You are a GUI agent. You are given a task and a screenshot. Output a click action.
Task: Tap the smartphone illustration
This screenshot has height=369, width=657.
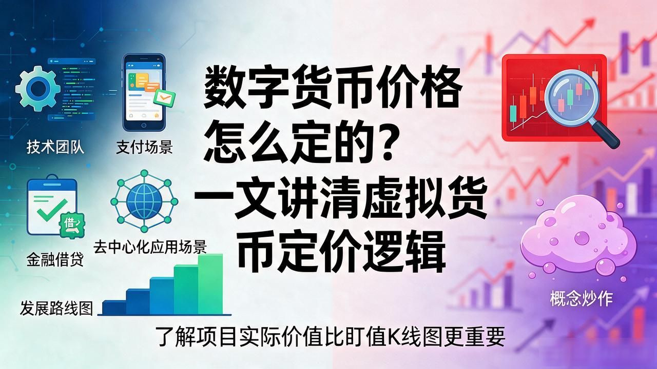pyautogui.click(x=144, y=92)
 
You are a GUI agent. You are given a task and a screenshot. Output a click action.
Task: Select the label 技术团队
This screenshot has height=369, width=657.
pyautogui.click(x=55, y=147)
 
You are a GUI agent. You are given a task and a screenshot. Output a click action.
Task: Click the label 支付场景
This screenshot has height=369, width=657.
pyautogui.click(x=144, y=147)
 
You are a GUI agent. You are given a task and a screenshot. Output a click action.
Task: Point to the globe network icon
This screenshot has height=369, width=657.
pyautogui.click(x=144, y=201)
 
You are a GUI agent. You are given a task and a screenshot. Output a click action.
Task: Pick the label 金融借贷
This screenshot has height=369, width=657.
pyautogui.click(x=55, y=259)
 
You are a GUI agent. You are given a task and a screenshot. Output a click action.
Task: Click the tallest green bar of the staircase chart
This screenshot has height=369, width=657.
pyautogui.click(x=210, y=284)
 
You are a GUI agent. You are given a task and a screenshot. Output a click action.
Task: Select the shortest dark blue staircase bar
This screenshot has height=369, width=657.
pyautogui.click(x=114, y=307)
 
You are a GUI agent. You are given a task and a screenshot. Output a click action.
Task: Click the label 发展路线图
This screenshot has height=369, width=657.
pyautogui.click(x=56, y=308)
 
